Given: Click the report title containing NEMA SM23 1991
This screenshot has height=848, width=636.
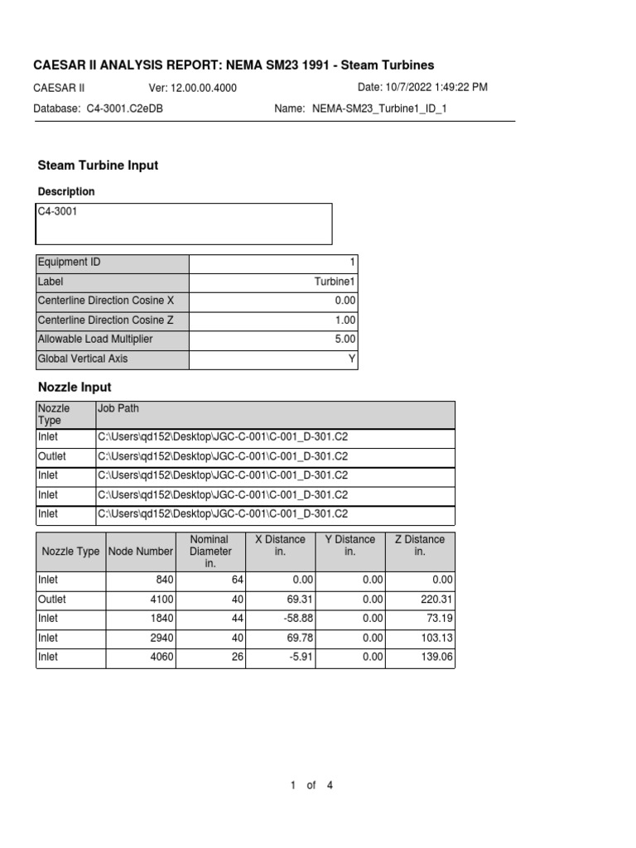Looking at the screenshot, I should pyautogui.click(x=233, y=65).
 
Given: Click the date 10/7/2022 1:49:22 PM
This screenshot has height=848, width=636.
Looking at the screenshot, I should pyautogui.click(x=422, y=87).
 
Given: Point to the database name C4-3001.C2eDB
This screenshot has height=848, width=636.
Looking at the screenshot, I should pyautogui.click(x=124, y=108).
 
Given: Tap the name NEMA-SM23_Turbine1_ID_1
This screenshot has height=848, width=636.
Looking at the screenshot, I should pyautogui.click(x=379, y=108).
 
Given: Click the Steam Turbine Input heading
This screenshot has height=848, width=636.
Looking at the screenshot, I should pyautogui.click(x=99, y=166).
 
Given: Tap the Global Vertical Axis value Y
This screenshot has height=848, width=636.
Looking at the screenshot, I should pyautogui.click(x=352, y=359).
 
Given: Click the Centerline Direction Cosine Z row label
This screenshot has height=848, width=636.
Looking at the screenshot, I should pyautogui.click(x=106, y=320).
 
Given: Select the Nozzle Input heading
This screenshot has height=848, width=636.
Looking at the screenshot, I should pyautogui.click(x=75, y=387).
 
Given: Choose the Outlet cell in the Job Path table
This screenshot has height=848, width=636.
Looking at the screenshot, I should pyautogui.click(x=51, y=456).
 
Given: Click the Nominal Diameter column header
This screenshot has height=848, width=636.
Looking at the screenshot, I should pyautogui.click(x=210, y=551).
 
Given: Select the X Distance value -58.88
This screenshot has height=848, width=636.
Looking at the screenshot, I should pyautogui.click(x=291, y=619).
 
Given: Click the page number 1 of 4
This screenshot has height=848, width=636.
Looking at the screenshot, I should pyautogui.click(x=311, y=785).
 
